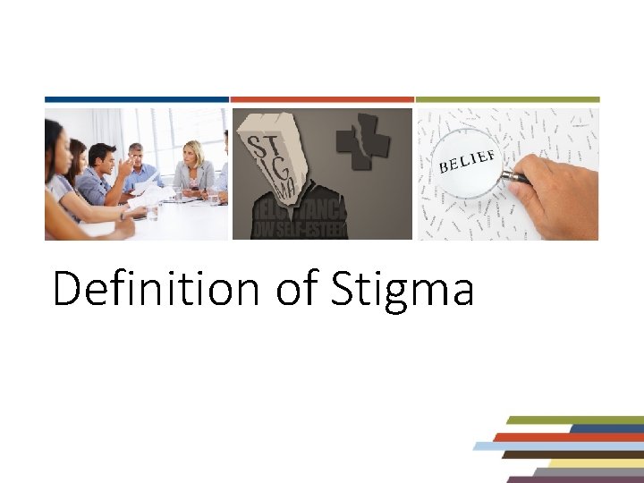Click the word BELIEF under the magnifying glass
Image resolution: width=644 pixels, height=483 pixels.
pos(467,163)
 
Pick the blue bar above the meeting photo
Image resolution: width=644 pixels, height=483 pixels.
pos(137,99)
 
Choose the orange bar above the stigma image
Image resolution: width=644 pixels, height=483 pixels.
pos(322,99)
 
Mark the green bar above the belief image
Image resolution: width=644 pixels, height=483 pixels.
pos(507,99)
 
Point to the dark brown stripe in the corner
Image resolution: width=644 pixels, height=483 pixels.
pos(572,454)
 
